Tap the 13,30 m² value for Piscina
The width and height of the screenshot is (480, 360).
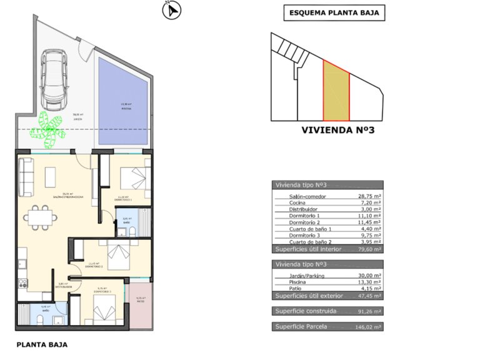(369, 281)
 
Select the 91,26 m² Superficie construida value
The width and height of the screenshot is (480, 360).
(369, 311)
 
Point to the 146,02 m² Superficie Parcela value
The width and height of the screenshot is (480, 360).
(369, 326)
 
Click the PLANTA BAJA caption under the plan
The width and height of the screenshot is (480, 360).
(41, 344)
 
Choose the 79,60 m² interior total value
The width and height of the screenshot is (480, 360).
(369, 248)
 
